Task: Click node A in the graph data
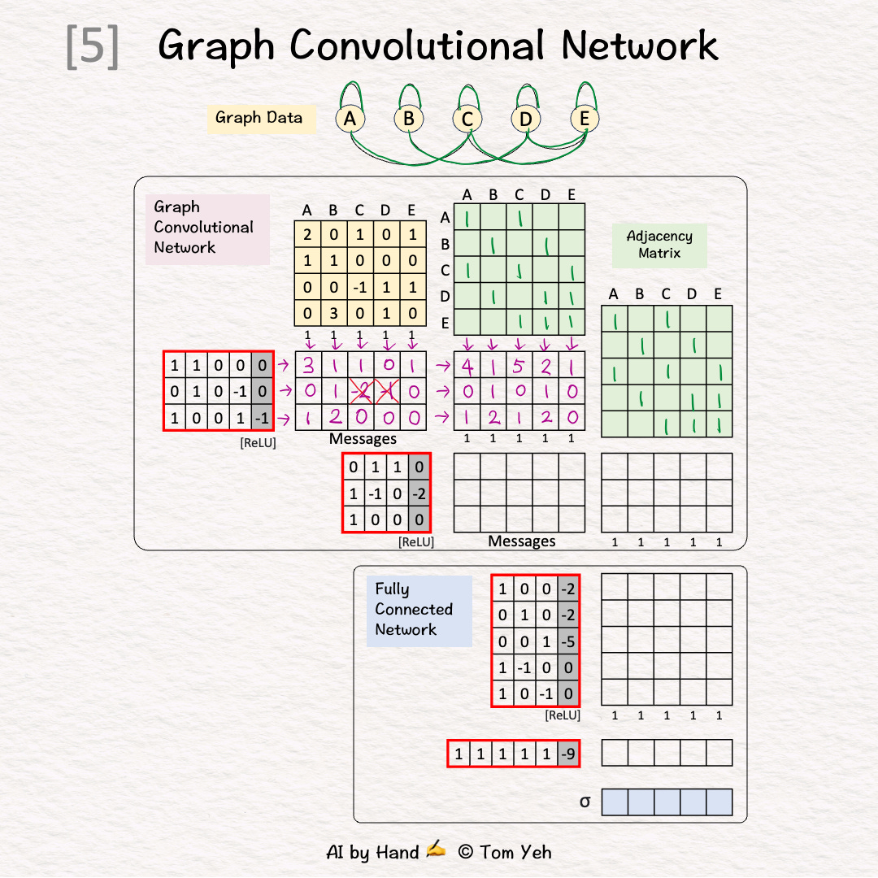tap(350, 120)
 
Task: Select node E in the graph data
tap(584, 120)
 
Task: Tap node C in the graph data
tap(467, 120)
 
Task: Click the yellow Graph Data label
tap(259, 118)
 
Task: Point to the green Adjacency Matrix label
tap(659, 245)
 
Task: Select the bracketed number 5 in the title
tap(93, 47)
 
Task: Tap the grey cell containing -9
tap(568, 754)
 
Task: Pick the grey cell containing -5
tap(568, 641)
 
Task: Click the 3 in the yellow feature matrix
tap(333, 313)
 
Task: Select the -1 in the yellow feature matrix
tap(359, 287)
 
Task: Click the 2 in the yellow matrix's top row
tap(307, 235)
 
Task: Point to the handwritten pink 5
tap(519, 366)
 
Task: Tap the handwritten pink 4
tap(467, 366)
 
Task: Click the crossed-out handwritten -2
tap(360, 392)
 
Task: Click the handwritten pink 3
tap(309, 366)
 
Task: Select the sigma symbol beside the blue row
tap(585, 802)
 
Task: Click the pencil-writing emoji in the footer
tap(436, 850)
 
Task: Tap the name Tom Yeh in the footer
tap(515, 852)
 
